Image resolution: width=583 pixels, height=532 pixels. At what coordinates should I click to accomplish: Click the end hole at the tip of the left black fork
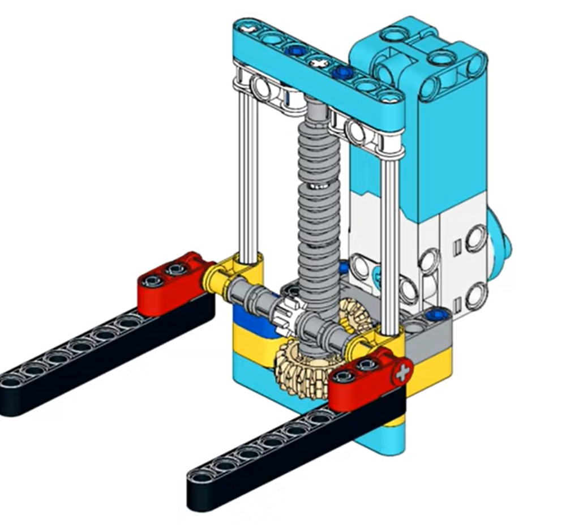12,381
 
